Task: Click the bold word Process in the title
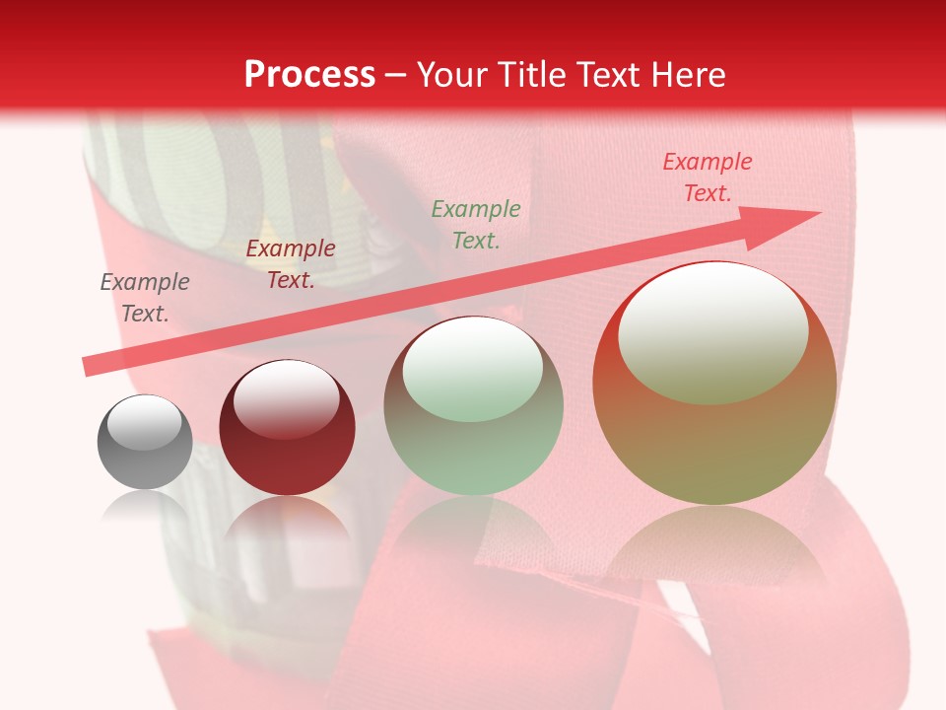(309, 75)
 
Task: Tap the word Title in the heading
(531, 75)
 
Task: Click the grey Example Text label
(145, 298)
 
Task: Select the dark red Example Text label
(291, 264)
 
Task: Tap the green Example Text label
(476, 224)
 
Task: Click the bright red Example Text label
(708, 177)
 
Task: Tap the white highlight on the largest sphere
(712, 333)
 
